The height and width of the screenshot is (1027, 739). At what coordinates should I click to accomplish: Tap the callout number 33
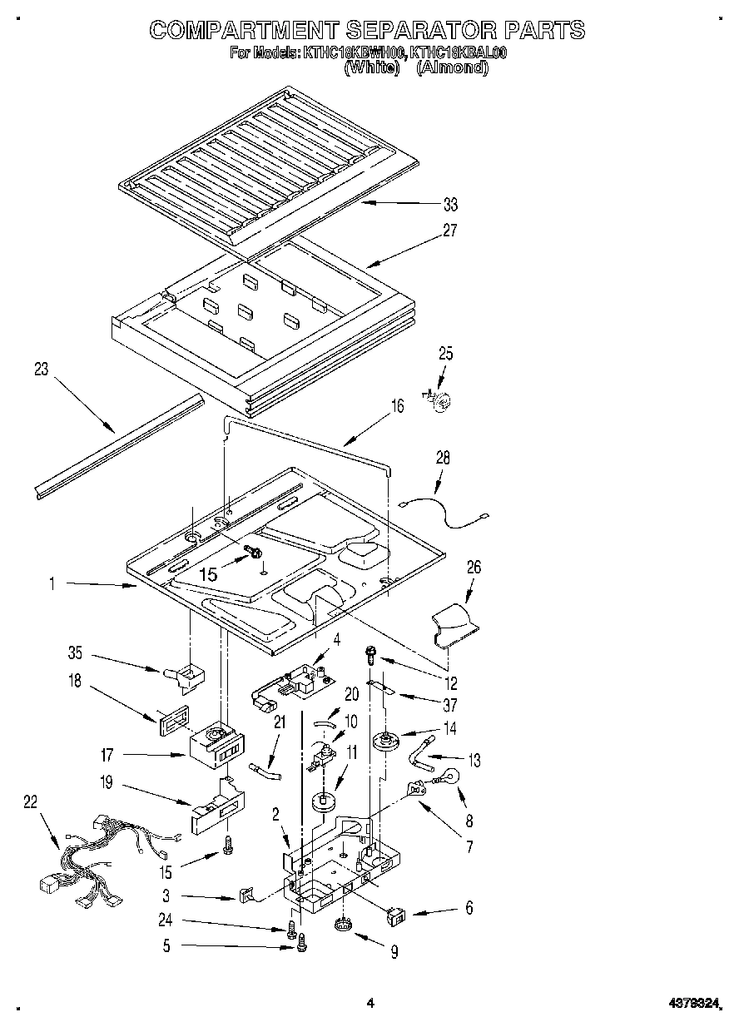(x=450, y=205)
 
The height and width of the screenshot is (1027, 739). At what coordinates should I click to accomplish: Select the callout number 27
(x=450, y=231)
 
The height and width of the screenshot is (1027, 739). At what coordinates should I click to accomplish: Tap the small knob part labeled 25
(x=439, y=400)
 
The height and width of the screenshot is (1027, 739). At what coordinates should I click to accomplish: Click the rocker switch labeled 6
(x=397, y=916)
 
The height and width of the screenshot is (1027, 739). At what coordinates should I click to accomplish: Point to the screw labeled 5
(x=302, y=942)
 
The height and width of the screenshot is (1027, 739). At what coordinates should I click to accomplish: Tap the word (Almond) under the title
(x=451, y=68)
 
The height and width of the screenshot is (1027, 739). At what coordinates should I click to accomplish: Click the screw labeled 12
(x=369, y=654)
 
